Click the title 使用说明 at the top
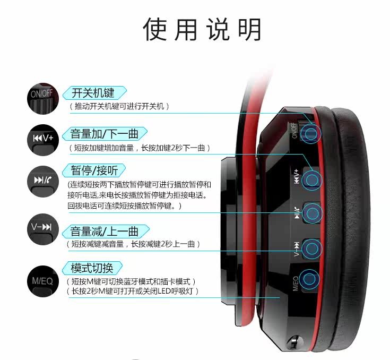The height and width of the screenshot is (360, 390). pos(202,29)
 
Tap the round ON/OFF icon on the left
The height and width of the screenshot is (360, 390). pos(43,99)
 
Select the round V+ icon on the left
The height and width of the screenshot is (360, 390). pos(43,140)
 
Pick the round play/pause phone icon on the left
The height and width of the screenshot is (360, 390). pos(43,182)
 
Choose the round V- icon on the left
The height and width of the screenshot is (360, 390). pos(43,229)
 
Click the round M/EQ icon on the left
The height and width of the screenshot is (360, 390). pos(43,281)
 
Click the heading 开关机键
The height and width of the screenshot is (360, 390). pos(93,93)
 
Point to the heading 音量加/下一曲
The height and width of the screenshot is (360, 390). pos(104,133)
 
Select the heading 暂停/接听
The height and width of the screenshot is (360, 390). pos(94,170)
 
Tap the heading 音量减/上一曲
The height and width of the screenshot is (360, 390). pos(104,231)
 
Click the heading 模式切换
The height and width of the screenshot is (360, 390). pos(92,268)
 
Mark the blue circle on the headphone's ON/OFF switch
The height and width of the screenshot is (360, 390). pos(311,134)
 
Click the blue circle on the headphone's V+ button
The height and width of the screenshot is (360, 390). pos(312,180)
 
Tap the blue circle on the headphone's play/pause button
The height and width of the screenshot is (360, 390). pos(313,213)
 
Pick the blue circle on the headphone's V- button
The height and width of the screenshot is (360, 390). pos(312,248)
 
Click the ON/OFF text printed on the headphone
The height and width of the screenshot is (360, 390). pos(294,131)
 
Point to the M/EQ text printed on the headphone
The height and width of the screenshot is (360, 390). pos(295,284)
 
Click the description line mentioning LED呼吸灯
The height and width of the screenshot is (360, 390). pos(133,291)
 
